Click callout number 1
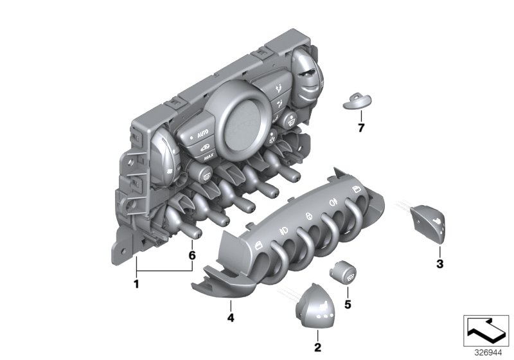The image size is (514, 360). click(x=136, y=283)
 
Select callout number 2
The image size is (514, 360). click(x=317, y=347)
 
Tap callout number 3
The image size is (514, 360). click(x=440, y=264)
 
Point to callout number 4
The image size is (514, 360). click(x=231, y=318)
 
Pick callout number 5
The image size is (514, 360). click(x=348, y=305)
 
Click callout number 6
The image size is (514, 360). click(x=192, y=255)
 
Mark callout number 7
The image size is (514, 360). click(x=361, y=127)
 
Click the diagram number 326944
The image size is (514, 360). click(x=488, y=353)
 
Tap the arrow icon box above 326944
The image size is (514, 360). click(x=486, y=330)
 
